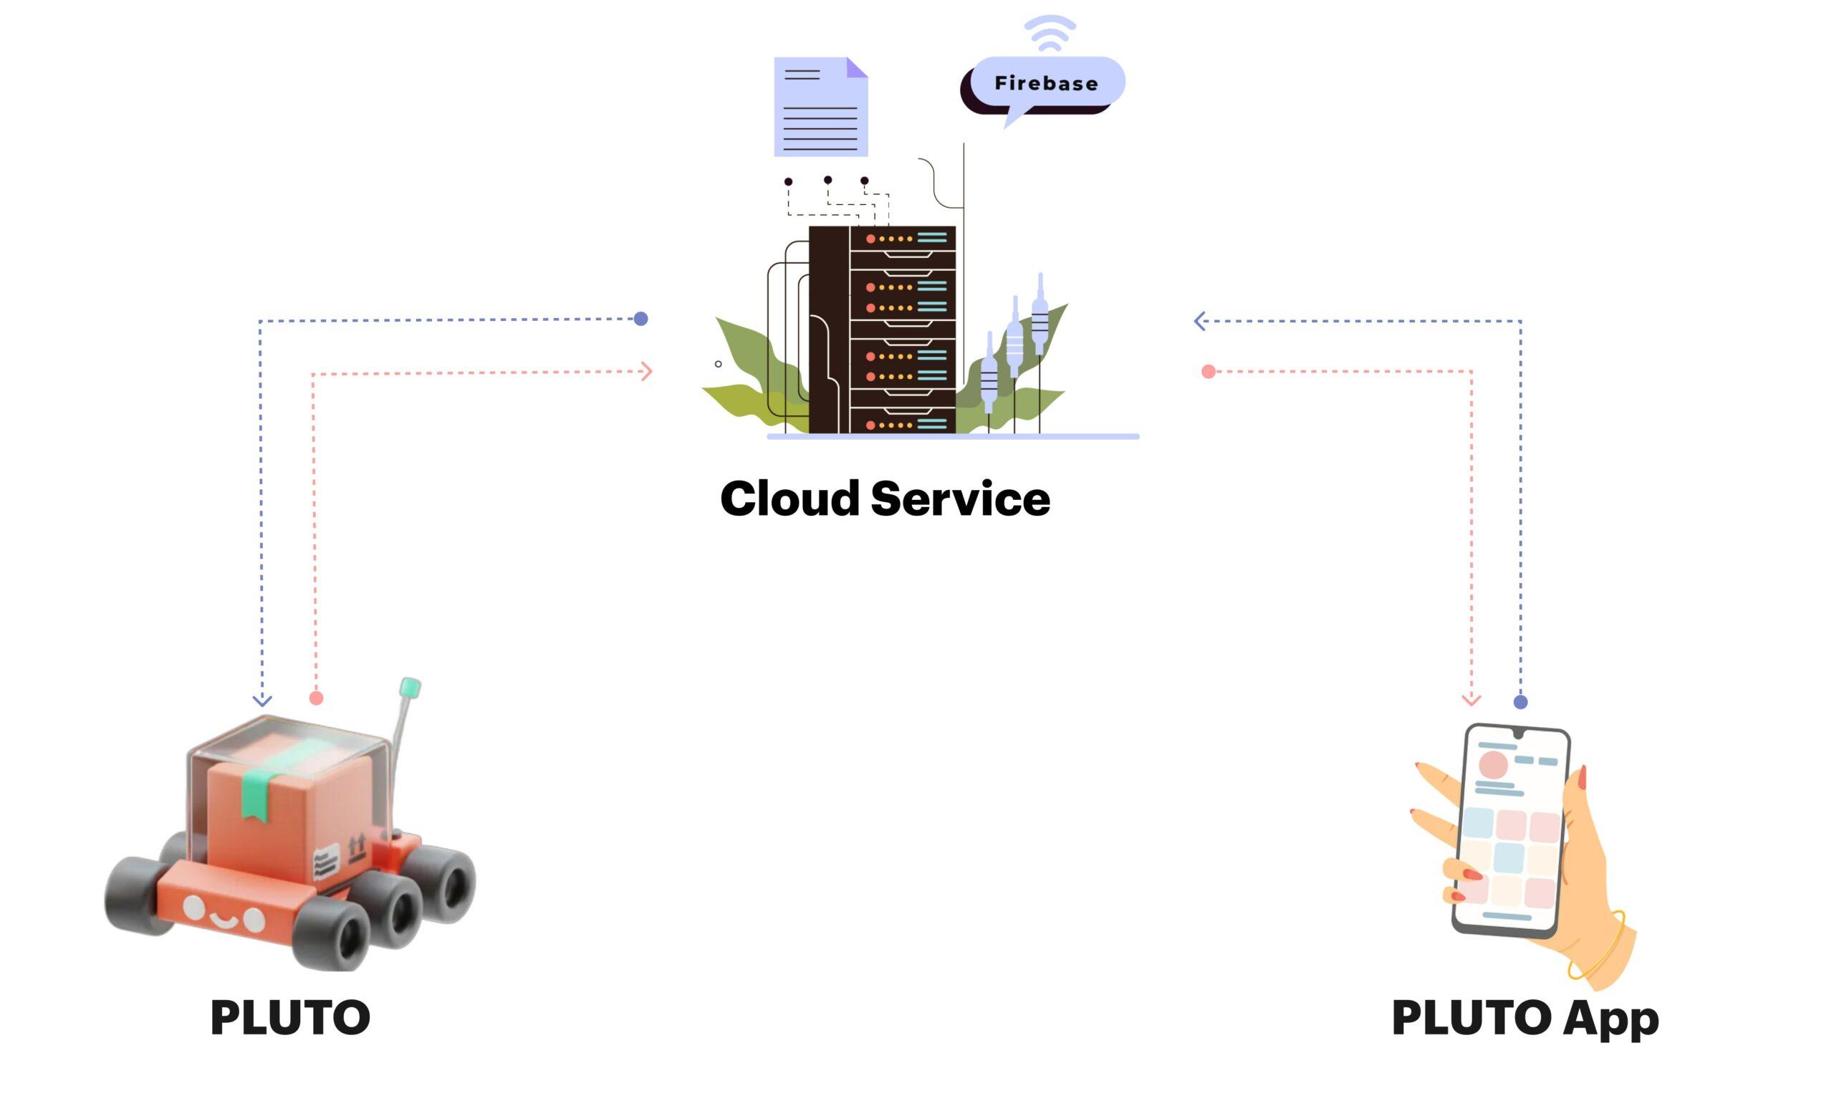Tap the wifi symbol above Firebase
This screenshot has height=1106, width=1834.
[x=1050, y=34]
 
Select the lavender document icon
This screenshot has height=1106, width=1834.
[x=820, y=107]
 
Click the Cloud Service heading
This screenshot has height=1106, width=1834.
[x=885, y=499]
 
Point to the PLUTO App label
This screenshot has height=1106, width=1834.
[x=1525, y=1016]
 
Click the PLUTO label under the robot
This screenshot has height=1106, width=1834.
[x=290, y=1016]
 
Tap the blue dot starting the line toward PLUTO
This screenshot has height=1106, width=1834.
[x=641, y=319]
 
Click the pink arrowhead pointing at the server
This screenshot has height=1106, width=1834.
[x=647, y=371]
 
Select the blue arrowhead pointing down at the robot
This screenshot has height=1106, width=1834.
[x=262, y=701]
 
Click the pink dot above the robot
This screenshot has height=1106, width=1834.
[x=317, y=698]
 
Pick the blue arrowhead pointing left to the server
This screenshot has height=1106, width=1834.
[x=1199, y=321]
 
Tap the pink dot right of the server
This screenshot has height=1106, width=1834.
[x=1208, y=371]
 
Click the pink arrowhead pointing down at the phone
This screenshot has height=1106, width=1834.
[x=1471, y=700]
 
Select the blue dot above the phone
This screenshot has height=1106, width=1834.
[x=1521, y=701]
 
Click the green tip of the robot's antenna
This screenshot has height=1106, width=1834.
[x=410, y=687]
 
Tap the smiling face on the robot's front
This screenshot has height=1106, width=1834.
[x=224, y=916]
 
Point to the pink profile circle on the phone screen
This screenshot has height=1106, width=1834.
[x=1493, y=765]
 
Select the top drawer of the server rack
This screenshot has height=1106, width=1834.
[x=903, y=238]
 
